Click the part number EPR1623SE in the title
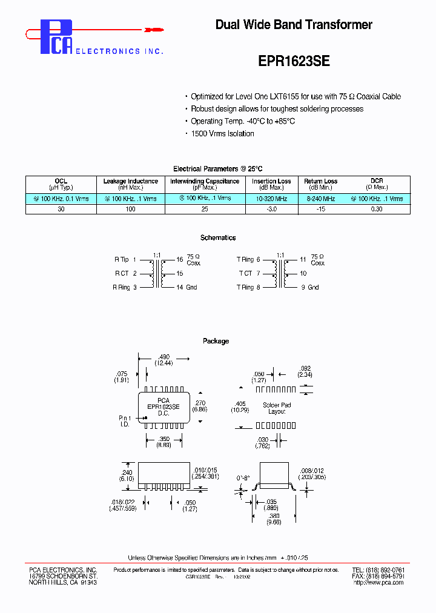point(294,61)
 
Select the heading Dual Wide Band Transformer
point(294,25)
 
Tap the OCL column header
point(61,181)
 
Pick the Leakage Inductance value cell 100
point(130,209)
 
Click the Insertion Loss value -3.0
point(271,209)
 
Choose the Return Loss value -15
point(320,209)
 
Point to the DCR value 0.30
point(377,209)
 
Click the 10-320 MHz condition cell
point(271,198)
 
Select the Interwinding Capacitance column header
point(205,181)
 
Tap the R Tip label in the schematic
point(122,259)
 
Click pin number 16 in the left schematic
point(180,259)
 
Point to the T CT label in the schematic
point(245,273)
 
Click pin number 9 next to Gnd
point(304,287)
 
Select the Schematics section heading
point(218,238)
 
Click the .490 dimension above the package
point(163,357)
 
